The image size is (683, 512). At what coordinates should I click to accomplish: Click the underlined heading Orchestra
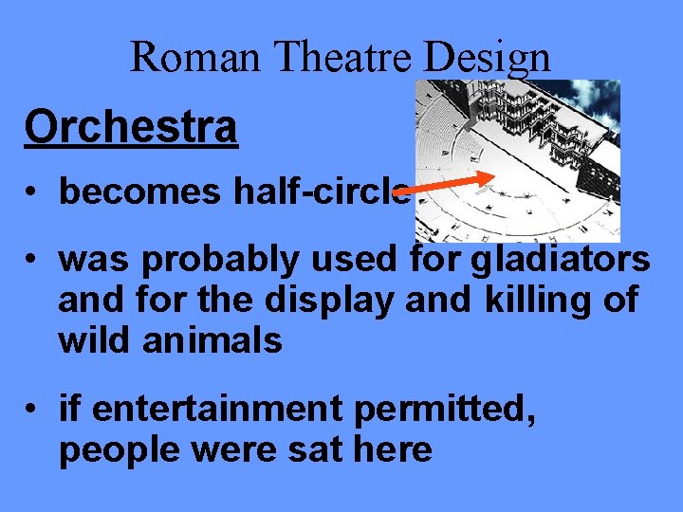pyautogui.click(x=131, y=127)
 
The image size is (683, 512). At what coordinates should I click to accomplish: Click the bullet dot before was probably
pyautogui.click(x=33, y=259)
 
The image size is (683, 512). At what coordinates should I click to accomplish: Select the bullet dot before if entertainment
pyautogui.click(x=33, y=411)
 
